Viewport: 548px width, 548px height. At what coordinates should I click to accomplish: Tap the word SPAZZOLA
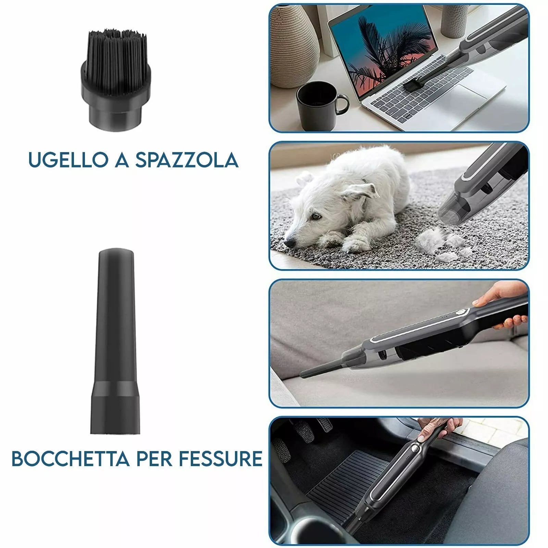(187, 160)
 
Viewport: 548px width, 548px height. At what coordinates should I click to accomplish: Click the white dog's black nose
(289, 242)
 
